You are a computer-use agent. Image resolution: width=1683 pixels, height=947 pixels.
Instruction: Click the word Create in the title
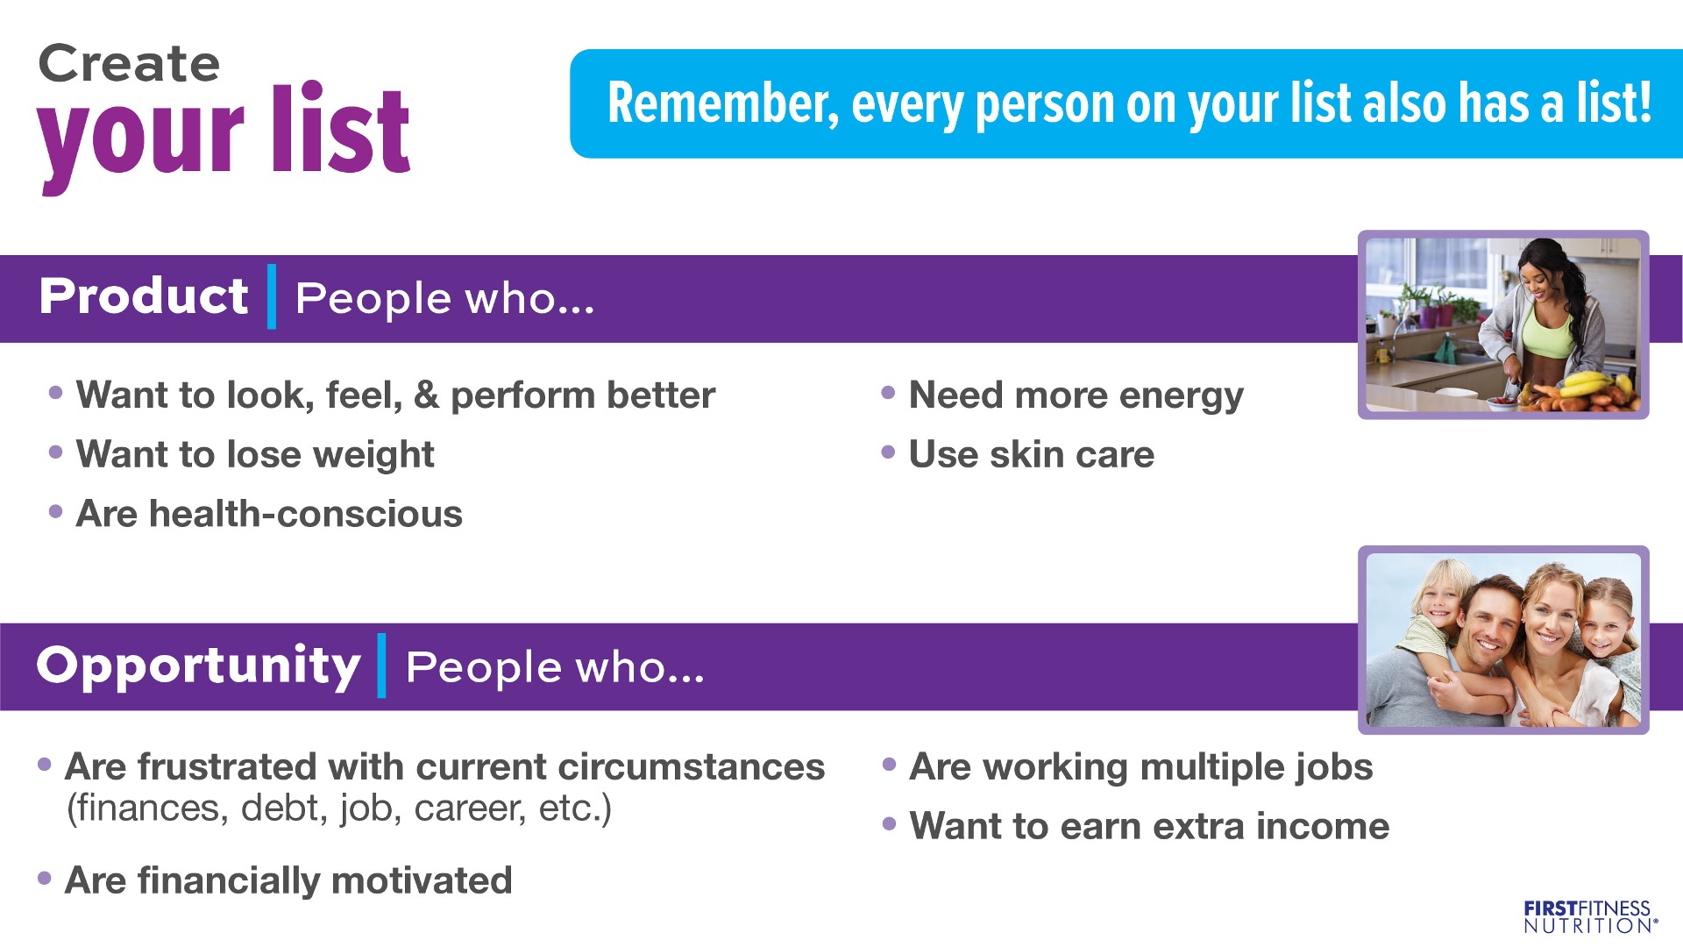pos(129,64)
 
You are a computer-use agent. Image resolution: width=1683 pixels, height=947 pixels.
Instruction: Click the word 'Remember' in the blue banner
pos(722,103)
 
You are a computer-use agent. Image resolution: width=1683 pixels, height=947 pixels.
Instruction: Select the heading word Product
pos(144,295)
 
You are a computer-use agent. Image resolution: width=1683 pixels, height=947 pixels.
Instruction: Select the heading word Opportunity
pos(199,666)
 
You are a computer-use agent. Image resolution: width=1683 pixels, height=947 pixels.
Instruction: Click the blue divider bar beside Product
pos(272,296)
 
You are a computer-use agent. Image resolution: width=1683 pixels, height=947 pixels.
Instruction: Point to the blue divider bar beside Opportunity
pos(381,666)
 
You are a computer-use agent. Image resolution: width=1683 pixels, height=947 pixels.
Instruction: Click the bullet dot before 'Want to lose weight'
pos(56,452)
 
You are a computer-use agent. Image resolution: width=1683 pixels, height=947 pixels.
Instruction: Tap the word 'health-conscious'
pos(306,514)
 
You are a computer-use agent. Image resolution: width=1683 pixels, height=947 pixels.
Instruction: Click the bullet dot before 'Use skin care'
pos(888,452)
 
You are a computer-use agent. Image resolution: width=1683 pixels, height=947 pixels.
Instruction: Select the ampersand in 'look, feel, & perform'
pos(426,395)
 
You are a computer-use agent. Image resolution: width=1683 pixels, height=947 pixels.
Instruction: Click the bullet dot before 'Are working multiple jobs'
pos(889,765)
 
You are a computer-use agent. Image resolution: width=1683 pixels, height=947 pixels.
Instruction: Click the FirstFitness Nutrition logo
pos(1590,916)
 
